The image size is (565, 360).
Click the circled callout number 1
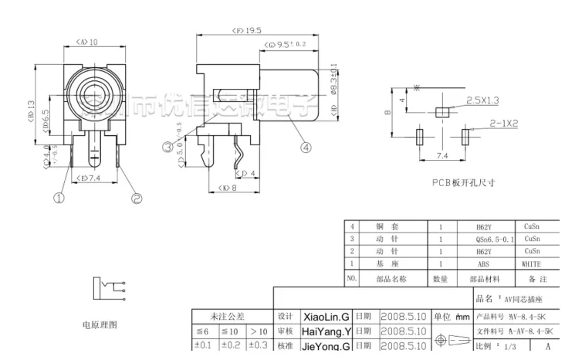pyautogui.click(x=57, y=199)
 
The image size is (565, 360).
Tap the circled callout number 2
pyautogui.click(x=137, y=199)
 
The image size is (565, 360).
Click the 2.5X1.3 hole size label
pyautogui.click(x=484, y=100)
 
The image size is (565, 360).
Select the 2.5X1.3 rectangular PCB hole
pyautogui.click(x=442, y=110)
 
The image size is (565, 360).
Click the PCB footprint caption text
pyautogui.click(x=463, y=183)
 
